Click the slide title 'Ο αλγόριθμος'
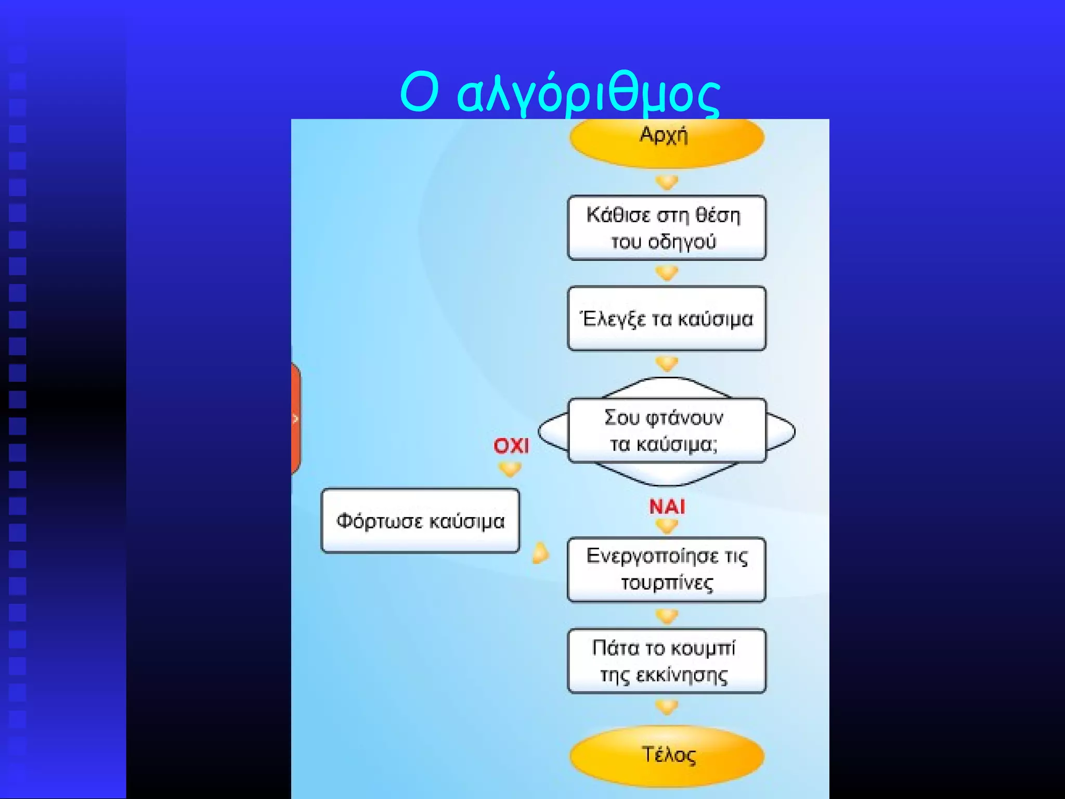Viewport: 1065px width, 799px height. click(560, 94)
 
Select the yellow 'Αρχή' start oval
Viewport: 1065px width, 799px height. click(666, 139)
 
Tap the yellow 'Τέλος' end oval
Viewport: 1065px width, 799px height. click(667, 755)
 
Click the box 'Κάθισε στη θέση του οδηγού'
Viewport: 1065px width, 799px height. click(666, 228)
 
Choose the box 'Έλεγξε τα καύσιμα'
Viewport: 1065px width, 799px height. click(666, 318)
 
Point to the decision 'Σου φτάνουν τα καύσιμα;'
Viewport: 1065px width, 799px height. click(666, 431)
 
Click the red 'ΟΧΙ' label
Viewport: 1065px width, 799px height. click(511, 446)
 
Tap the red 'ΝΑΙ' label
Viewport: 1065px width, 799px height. click(667, 506)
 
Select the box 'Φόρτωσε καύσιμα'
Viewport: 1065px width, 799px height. click(420, 521)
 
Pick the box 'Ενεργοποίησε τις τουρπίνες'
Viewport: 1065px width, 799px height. click(666, 570)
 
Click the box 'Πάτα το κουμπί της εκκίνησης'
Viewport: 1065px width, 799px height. click(666, 661)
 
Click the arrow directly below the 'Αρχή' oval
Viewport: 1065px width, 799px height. click(667, 183)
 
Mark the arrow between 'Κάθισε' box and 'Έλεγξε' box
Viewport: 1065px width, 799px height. click(667, 273)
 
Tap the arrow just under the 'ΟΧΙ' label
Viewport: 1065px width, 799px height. click(510, 470)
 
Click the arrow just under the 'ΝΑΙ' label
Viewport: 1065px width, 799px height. click(667, 526)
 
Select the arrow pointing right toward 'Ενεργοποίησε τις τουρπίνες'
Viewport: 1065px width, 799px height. click(540, 553)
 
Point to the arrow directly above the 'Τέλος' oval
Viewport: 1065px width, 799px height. click(667, 707)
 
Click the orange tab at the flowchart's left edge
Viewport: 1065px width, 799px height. click(295, 419)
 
